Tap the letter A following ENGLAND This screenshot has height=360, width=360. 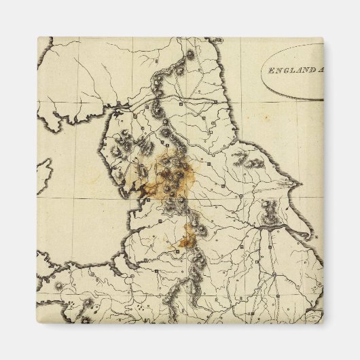point(317,69)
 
